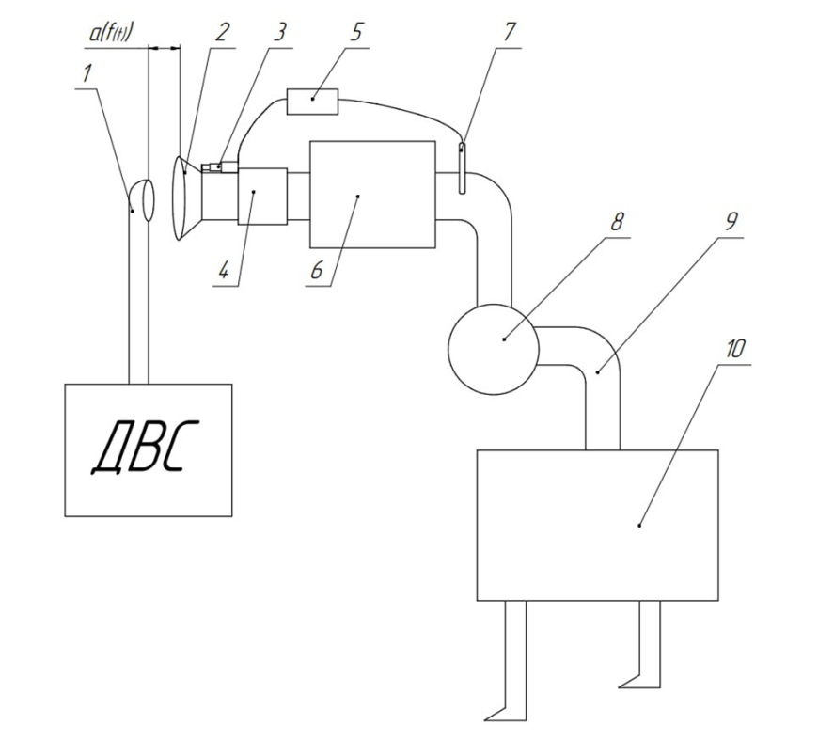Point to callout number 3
pos(278,30)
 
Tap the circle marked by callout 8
pos(492,341)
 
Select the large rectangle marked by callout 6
pos(371,195)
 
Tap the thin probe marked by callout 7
pos(464,167)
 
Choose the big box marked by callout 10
pos(598,524)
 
